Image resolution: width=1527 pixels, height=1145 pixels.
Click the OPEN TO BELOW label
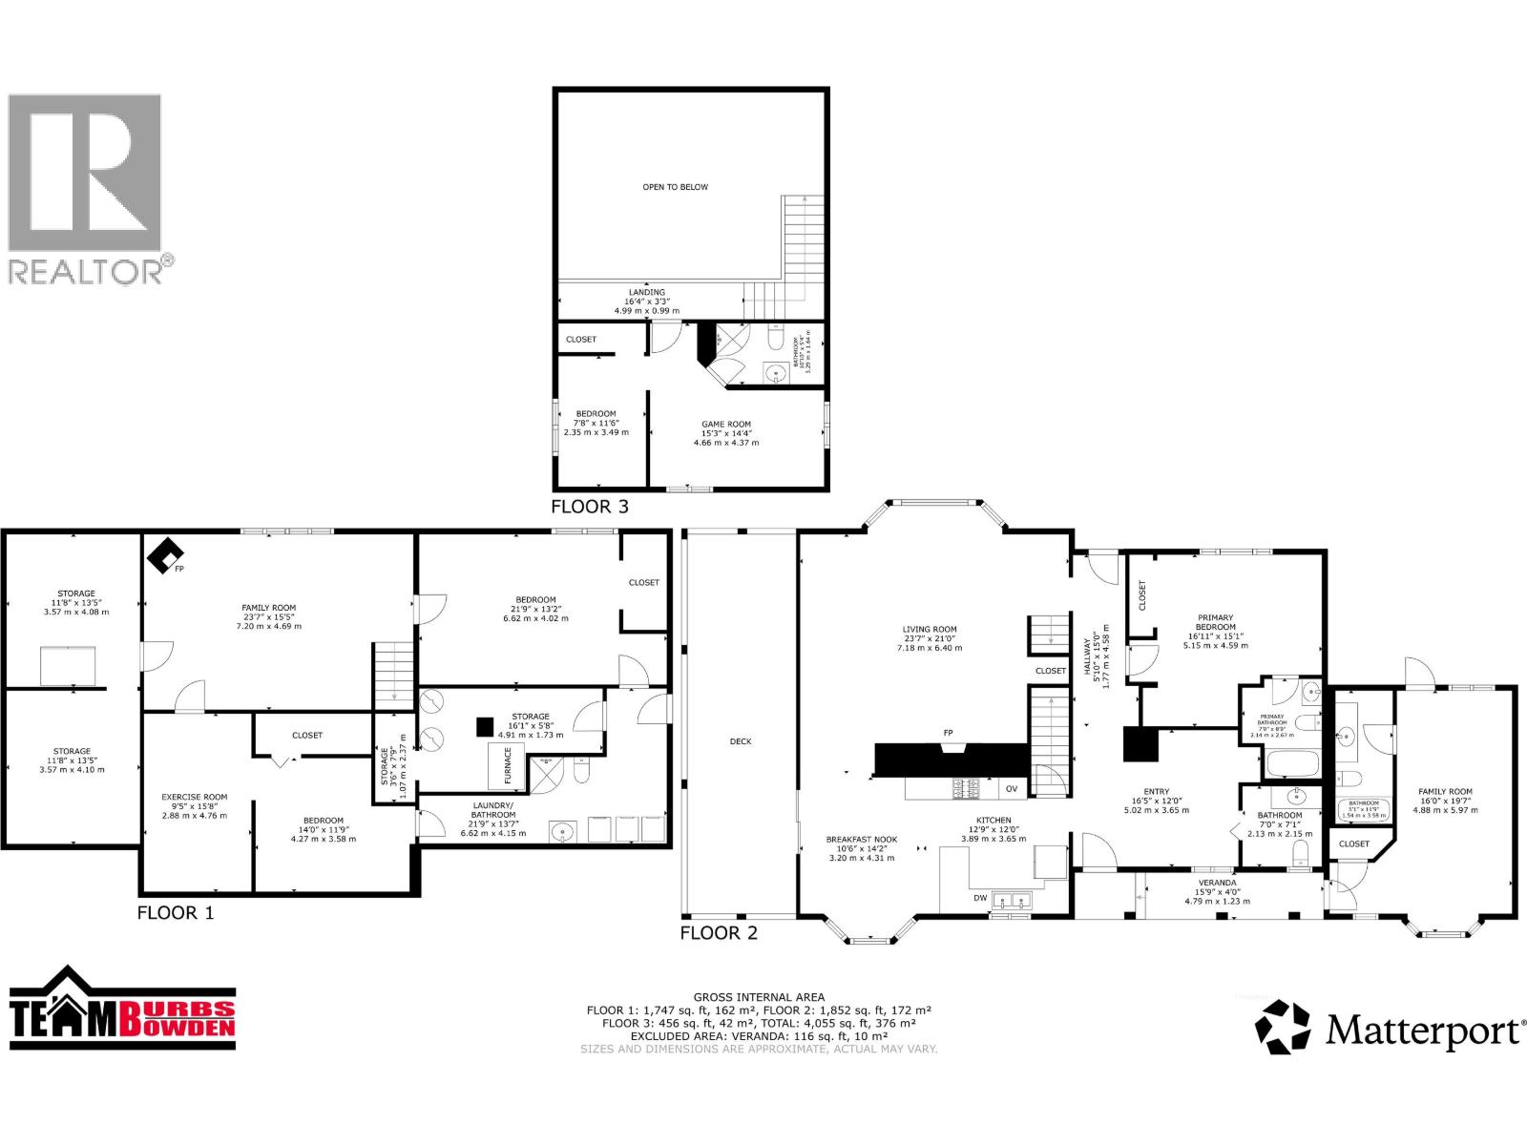coord(675,187)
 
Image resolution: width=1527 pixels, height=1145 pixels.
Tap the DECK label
coord(740,741)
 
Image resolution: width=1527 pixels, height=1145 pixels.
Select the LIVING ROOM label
coord(929,630)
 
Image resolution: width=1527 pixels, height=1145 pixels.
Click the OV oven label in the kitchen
coord(1011,789)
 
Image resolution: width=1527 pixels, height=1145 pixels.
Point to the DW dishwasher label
coord(980,898)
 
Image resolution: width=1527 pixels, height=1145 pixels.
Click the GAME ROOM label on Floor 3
coord(725,425)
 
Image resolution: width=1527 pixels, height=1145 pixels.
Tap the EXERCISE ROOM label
coord(194,797)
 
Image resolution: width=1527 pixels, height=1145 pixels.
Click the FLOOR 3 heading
coord(589,507)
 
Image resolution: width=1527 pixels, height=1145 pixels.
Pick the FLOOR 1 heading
coord(175,912)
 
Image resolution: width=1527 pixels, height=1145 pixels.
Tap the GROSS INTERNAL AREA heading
coord(759,997)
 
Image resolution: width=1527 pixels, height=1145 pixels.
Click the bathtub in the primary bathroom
coord(1291,763)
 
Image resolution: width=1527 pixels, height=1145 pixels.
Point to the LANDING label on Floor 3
coord(646,293)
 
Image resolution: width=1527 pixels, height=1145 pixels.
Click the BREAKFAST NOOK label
coord(862,840)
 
